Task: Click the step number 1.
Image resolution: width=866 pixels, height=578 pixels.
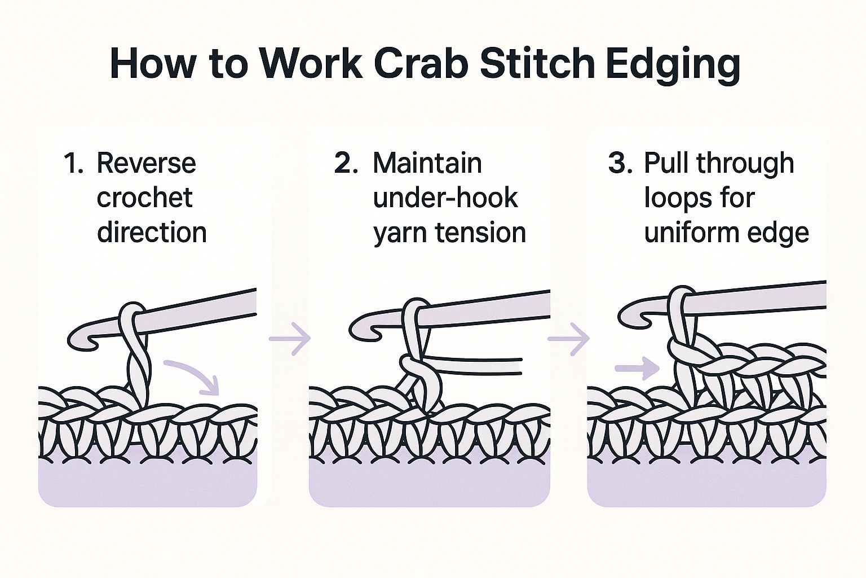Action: [73, 164]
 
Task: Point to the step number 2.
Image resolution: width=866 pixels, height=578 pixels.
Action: [346, 164]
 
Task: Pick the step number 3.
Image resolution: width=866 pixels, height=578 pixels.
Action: [620, 164]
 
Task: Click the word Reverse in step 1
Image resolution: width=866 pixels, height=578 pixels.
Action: [146, 164]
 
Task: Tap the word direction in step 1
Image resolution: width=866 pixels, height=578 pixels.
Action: [152, 233]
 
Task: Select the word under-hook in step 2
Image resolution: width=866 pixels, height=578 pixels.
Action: [445, 198]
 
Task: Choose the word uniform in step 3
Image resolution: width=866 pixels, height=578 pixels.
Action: [689, 233]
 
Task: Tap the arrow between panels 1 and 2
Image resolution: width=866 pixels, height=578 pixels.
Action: [290, 339]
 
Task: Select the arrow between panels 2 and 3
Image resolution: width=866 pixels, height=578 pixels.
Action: [568, 339]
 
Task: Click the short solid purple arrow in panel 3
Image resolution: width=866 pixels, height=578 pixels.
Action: [637, 369]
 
